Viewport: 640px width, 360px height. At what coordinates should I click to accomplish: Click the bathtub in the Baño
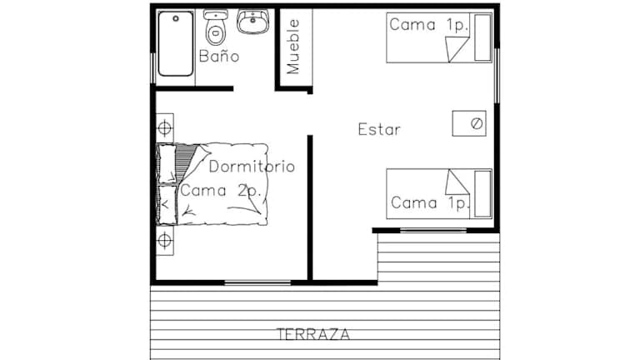[x=176, y=43]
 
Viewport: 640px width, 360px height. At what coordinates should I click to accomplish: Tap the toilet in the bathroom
[x=216, y=27]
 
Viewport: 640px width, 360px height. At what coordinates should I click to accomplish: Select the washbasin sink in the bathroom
[x=253, y=22]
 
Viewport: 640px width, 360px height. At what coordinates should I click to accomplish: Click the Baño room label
[x=219, y=56]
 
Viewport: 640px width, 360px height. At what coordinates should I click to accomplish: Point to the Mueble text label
[x=293, y=47]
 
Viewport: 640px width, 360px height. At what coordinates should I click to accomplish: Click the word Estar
[x=379, y=129]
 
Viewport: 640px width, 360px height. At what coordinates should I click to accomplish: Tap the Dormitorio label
[x=252, y=167]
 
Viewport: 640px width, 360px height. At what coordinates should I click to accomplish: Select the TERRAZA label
[x=313, y=334]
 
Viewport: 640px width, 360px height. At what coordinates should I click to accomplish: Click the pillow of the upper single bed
[x=482, y=37]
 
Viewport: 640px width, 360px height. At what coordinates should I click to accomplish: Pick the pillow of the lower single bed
[x=482, y=194]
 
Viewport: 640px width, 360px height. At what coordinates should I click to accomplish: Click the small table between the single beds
[x=469, y=123]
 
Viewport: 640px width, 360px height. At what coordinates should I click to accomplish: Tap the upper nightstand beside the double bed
[x=165, y=128]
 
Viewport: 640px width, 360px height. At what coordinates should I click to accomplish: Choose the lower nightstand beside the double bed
[x=165, y=241]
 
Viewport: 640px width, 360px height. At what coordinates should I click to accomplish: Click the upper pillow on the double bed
[x=167, y=163]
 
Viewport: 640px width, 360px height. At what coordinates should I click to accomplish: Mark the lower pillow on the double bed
[x=167, y=205]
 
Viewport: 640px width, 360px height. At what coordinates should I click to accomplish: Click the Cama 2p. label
[x=220, y=191]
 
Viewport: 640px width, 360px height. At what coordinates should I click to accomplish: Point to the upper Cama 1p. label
[x=428, y=25]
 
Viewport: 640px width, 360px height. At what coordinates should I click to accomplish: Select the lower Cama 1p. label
[x=430, y=202]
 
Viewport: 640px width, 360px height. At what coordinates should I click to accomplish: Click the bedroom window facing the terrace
[x=257, y=282]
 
